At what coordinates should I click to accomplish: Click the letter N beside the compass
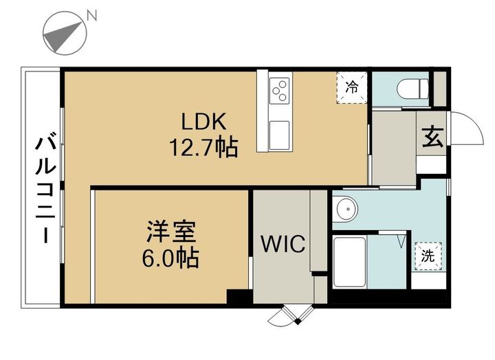(x=92, y=16)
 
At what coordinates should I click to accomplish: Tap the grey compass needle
(x=63, y=36)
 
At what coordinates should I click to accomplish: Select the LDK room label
(x=203, y=122)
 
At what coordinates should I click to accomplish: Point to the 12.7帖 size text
(x=203, y=147)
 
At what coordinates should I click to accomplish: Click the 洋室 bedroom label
(x=170, y=232)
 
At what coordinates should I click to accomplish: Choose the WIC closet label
(x=283, y=244)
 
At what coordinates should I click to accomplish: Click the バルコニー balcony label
(x=46, y=190)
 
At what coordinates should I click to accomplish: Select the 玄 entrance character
(x=433, y=137)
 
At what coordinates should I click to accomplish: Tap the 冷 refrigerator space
(x=352, y=87)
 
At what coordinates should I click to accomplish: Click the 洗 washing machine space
(x=428, y=256)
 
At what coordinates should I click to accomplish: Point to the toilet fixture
(x=412, y=89)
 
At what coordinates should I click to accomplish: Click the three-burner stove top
(x=280, y=91)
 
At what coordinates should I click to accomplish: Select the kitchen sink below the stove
(x=279, y=135)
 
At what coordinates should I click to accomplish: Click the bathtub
(x=350, y=262)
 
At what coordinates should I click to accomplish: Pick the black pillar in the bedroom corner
(x=239, y=297)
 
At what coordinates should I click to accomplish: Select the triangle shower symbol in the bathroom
(x=401, y=240)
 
